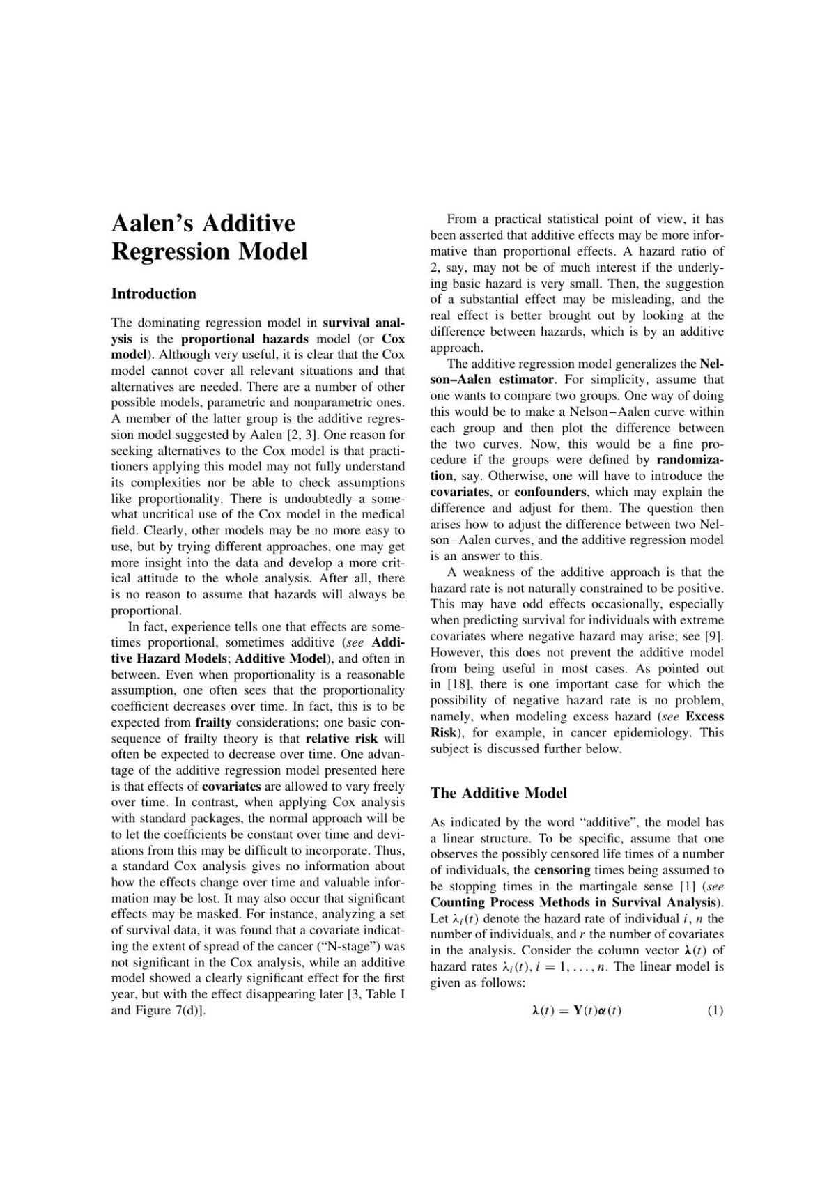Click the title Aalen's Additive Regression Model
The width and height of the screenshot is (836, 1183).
click(x=209, y=237)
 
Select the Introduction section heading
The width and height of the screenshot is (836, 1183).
click(x=153, y=293)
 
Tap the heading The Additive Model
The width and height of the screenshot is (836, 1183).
click(x=499, y=793)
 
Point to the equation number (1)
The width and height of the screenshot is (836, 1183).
click(x=715, y=1010)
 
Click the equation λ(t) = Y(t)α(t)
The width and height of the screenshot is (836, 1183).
click(x=576, y=1010)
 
